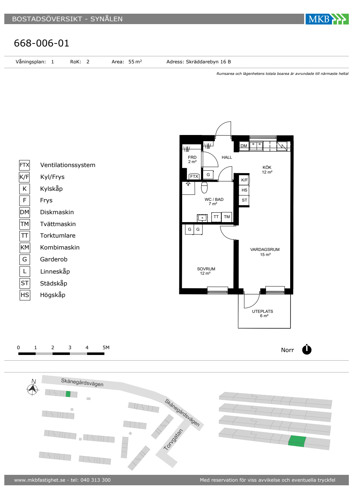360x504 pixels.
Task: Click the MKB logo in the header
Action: (327, 19)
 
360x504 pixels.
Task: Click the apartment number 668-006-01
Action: (41, 43)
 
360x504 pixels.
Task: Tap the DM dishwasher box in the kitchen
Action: (244, 146)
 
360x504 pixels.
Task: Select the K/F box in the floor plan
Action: (244, 180)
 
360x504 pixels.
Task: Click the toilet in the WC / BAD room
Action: (204, 188)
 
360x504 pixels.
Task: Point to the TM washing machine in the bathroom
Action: (227, 217)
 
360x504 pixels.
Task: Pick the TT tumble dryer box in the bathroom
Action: (216, 217)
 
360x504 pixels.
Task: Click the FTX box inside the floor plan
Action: (194, 176)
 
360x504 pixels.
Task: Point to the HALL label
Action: (226, 157)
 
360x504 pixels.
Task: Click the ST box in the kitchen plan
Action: (244, 200)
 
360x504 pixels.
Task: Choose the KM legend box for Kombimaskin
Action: (25, 248)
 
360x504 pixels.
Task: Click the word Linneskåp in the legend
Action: (55, 271)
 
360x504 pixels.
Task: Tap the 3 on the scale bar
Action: (70, 347)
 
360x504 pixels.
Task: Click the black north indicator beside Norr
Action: (307, 350)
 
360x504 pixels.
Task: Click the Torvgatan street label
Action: (173, 440)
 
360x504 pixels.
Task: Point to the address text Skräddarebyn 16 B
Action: (208, 62)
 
